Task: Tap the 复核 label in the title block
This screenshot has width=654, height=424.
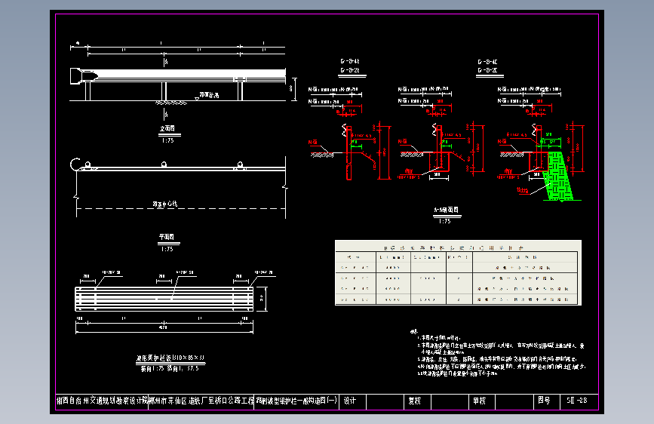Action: click(x=414, y=401)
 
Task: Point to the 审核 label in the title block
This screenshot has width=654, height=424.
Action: click(x=479, y=401)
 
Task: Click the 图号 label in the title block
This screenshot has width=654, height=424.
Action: click(x=544, y=401)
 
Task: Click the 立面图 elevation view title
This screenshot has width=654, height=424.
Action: click(x=167, y=129)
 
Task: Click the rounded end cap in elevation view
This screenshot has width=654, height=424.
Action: click(x=76, y=75)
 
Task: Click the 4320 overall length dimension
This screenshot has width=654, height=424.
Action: click(x=164, y=327)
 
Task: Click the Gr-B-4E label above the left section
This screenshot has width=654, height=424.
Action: click(x=350, y=61)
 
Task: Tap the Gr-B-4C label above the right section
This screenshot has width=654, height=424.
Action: click(x=487, y=61)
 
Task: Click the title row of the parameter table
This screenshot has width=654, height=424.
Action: click(x=458, y=247)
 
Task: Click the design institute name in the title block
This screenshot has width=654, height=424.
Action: click(x=102, y=401)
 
